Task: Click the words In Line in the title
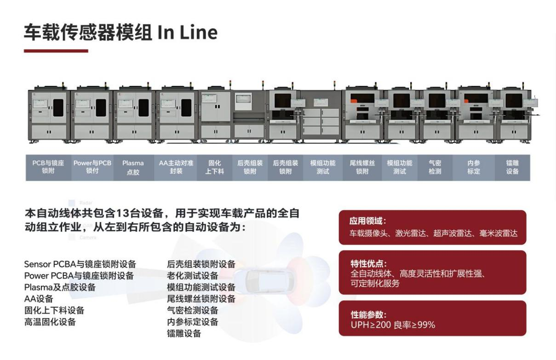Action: click(x=187, y=33)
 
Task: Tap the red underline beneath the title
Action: click(x=56, y=51)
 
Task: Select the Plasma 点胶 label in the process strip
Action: click(x=133, y=167)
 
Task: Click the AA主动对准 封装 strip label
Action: click(x=176, y=167)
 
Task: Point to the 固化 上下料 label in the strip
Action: click(x=214, y=167)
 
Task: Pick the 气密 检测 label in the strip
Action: click(x=435, y=167)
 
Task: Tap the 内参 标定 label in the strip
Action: click(x=473, y=167)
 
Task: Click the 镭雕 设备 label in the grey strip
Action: click(x=512, y=167)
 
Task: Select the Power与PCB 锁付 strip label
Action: click(x=92, y=167)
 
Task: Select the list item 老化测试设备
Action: click(x=192, y=276)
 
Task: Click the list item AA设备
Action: click(x=39, y=299)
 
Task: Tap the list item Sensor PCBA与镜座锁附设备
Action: click(x=80, y=264)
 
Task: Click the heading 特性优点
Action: click(x=367, y=263)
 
